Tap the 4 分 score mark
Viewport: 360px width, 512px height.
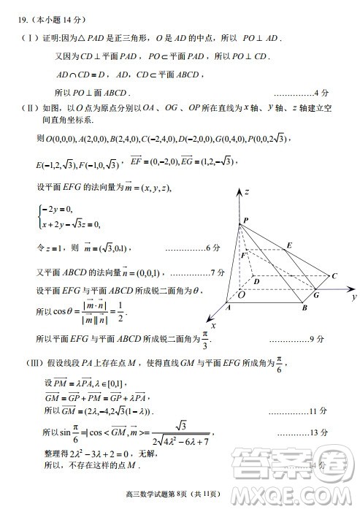(x=325, y=93)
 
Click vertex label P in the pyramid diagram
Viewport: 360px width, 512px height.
(x=245, y=220)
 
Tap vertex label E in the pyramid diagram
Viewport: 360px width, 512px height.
(x=289, y=245)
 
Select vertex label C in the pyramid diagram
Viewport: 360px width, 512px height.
(x=334, y=276)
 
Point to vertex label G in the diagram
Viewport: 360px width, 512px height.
(x=316, y=294)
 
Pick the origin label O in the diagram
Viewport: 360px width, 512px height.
(x=241, y=294)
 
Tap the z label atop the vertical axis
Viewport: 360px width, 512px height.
(x=248, y=191)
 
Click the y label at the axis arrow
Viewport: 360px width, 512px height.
(x=353, y=297)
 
